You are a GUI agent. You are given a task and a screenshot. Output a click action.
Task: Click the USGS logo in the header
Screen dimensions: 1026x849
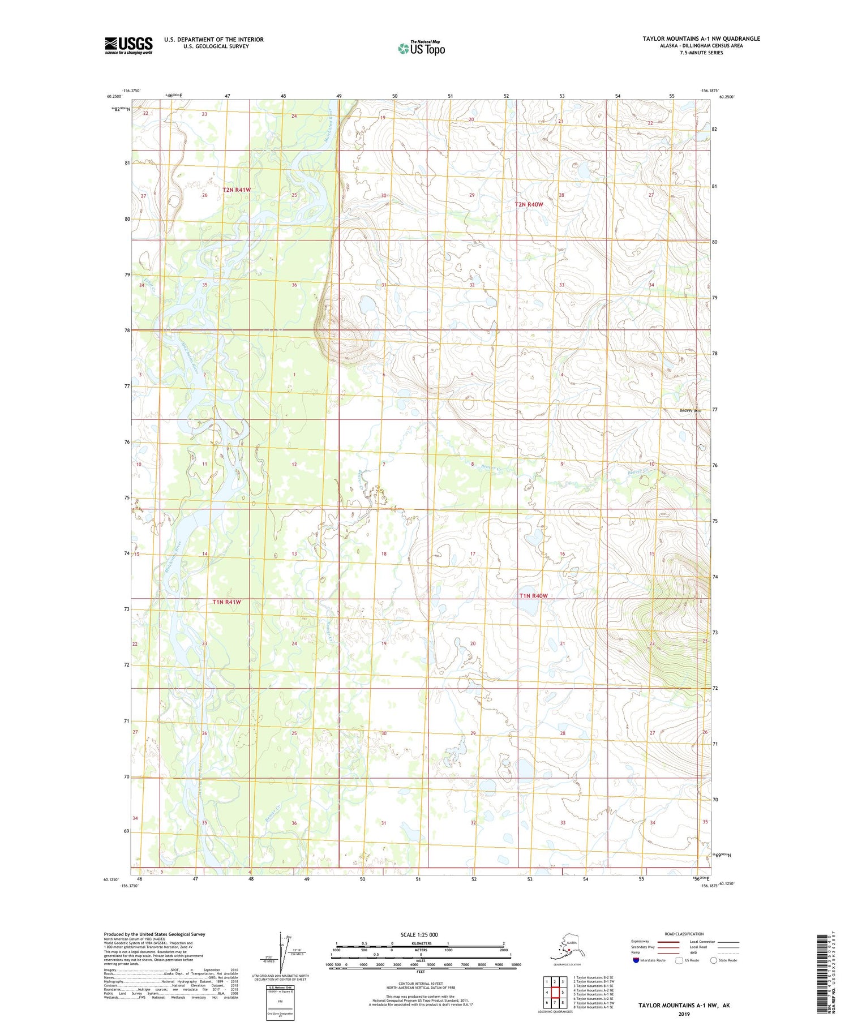[128, 45]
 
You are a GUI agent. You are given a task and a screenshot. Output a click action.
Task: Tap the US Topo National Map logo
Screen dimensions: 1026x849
[422, 48]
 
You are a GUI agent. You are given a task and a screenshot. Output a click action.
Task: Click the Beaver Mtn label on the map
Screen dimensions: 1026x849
[690, 410]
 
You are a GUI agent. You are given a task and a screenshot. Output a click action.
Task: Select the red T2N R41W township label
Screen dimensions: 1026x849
[236, 190]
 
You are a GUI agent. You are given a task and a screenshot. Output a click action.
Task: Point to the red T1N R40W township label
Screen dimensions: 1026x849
[534, 596]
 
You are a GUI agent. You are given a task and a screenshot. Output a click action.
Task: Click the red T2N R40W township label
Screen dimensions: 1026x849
[529, 204]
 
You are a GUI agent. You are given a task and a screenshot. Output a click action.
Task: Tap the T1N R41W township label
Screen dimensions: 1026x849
[226, 602]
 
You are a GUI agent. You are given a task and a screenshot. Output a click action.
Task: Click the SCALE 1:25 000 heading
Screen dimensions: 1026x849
[419, 934]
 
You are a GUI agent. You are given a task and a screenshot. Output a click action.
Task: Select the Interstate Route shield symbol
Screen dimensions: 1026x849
[636, 960]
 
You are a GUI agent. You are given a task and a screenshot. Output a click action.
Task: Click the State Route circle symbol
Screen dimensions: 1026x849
[713, 960]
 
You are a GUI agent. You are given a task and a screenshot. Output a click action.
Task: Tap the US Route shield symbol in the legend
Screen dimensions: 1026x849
[679, 960]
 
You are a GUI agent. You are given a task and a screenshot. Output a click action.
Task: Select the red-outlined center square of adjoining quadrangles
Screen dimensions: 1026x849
[555, 992]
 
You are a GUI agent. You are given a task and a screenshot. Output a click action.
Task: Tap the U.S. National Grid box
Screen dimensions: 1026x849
[280, 1002]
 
